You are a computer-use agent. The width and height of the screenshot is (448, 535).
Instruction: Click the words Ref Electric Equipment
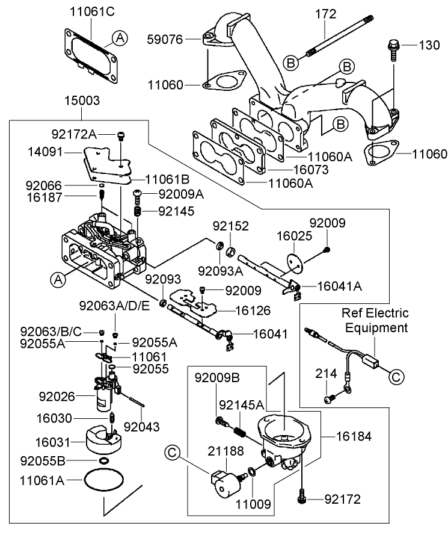tap(375, 320)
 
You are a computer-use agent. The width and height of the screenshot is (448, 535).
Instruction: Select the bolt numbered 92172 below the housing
tap(302, 497)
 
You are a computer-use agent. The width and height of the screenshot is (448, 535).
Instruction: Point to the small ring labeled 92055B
tap(103, 460)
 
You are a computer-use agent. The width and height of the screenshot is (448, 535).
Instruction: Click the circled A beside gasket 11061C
tap(120, 38)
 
